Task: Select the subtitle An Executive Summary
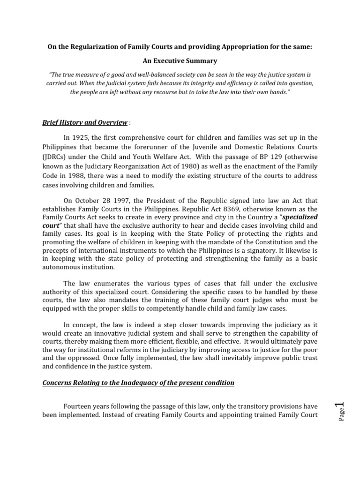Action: [180, 61]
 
